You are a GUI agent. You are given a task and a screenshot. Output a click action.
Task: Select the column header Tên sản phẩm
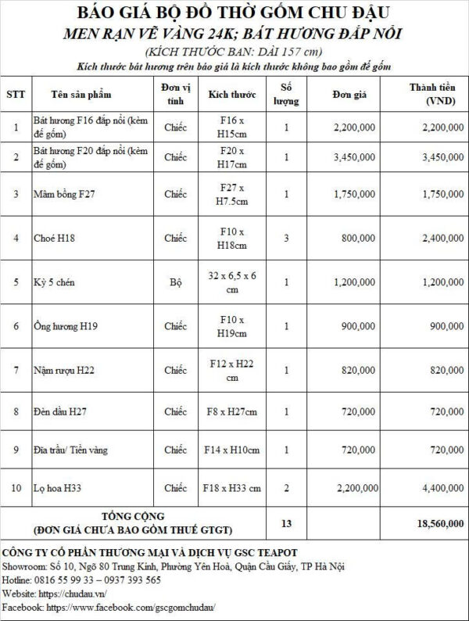click(81, 95)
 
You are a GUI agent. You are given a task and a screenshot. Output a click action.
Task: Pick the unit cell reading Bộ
click(175, 281)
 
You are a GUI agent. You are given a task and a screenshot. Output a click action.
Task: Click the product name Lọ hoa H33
click(56, 487)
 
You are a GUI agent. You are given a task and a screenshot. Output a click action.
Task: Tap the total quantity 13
click(286, 522)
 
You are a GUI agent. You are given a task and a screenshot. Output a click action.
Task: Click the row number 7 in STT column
click(16, 368)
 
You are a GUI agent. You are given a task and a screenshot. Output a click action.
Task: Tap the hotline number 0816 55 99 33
click(65, 580)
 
